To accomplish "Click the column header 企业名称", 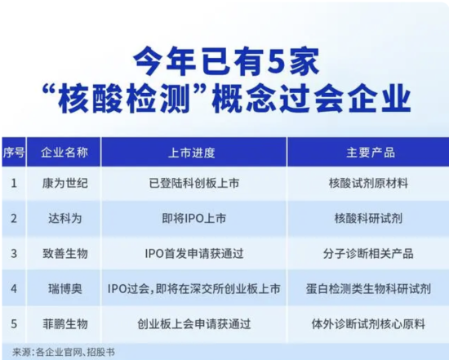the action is (x=64, y=153).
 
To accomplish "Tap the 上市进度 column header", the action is (x=192, y=153).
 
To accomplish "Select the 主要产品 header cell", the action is (x=371, y=153).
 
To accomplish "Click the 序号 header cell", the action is (x=13, y=153).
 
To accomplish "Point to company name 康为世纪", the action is (x=65, y=184).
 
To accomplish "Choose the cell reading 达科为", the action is (x=65, y=219).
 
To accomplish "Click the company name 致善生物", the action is (x=65, y=254).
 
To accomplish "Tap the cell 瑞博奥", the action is (x=65, y=289).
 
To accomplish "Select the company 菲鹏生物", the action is (x=65, y=324).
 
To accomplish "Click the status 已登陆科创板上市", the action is (x=193, y=184).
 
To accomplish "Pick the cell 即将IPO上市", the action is (x=193, y=219).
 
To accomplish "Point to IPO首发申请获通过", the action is (x=193, y=254).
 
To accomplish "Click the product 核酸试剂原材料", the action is (x=368, y=184).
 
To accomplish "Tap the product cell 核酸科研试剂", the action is (x=368, y=219).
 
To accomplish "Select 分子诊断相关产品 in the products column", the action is (x=368, y=254).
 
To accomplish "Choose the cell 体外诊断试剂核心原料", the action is (x=368, y=324).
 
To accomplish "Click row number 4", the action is (x=14, y=289).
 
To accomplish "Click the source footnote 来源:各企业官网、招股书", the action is (x=64, y=352).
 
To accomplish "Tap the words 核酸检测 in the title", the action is (x=125, y=99).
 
